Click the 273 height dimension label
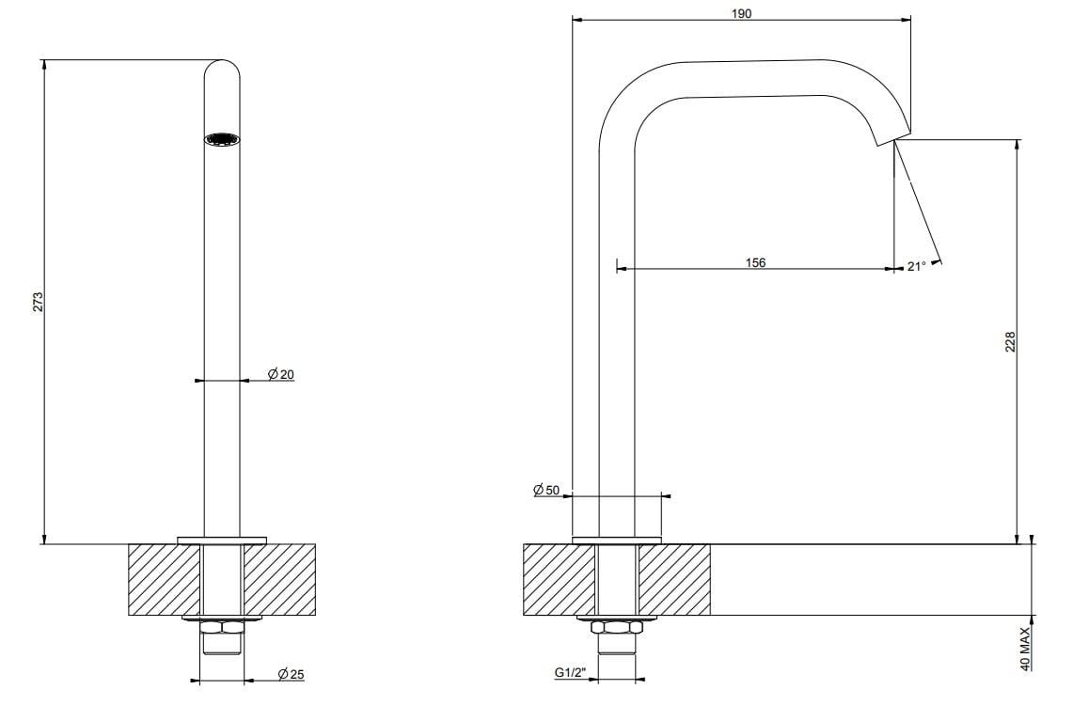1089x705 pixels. (x=39, y=301)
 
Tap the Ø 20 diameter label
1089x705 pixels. (x=281, y=374)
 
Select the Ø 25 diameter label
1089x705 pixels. (x=291, y=674)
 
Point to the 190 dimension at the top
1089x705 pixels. (x=741, y=13)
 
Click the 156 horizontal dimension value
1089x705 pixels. (x=755, y=262)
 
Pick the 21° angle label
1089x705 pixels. (x=917, y=266)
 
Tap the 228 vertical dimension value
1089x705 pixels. (x=1011, y=342)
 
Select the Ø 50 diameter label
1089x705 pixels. (x=545, y=490)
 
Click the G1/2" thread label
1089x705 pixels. (x=571, y=672)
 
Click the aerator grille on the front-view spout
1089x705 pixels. (x=222, y=139)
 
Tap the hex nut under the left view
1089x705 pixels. (x=222, y=628)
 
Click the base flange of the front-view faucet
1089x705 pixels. (x=222, y=540)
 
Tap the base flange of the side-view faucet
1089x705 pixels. (x=617, y=540)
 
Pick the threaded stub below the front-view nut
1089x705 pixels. (x=222, y=644)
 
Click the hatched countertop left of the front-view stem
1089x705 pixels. (x=164, y=579)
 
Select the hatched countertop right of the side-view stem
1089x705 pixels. (x=674, y=579)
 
